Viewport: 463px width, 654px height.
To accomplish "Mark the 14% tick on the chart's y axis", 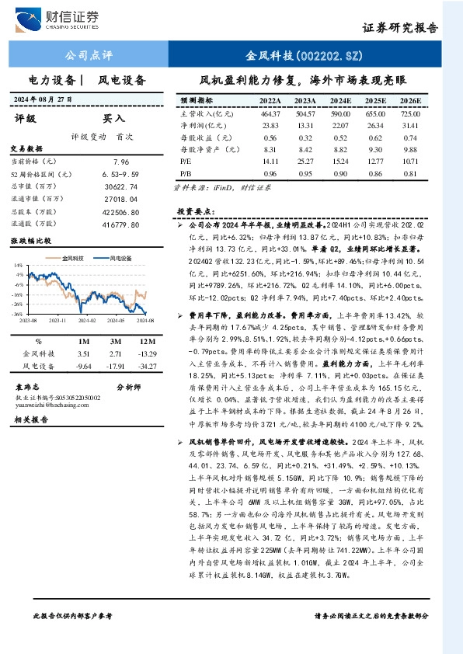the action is tap(19, 266).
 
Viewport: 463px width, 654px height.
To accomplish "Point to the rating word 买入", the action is tap(114, 119).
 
